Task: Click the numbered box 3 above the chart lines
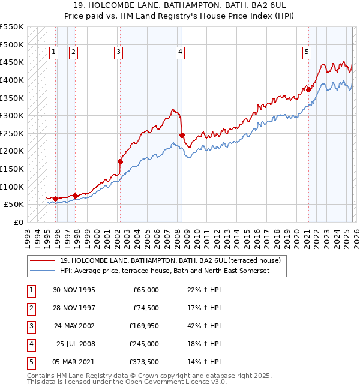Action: point(118,53)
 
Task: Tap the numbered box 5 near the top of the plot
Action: point(307,53)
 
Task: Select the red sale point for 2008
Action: point(182,135)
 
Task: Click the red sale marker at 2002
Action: point(120,161)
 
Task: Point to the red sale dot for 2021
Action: point(308,89)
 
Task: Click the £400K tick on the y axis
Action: point(12,80)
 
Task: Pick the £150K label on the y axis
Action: point(12,169)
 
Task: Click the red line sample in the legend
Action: point(42,260)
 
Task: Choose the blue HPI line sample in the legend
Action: point(42,271)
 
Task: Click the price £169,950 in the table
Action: point(143,326)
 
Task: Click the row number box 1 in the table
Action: point(30,290)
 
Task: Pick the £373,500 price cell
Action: point(143,362)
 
